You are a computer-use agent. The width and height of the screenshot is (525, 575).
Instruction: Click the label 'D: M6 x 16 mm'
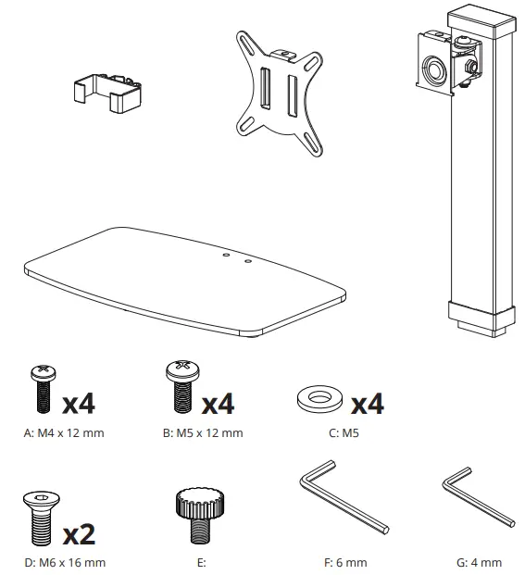point(65,562)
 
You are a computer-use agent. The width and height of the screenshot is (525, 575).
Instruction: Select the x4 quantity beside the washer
point(366,404)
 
